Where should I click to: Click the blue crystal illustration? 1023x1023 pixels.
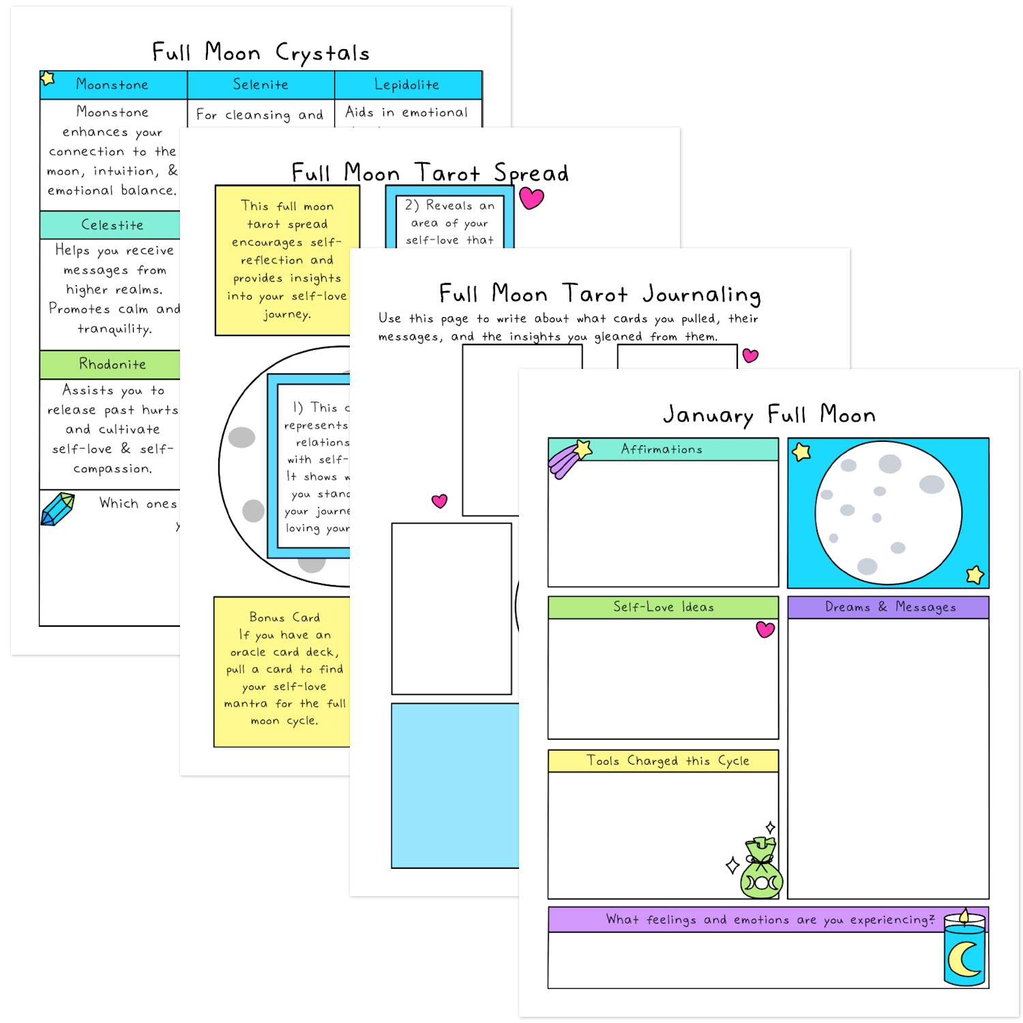tap(57, 509)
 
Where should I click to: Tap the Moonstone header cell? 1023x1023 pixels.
tap(113, 85)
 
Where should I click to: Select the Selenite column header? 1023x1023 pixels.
tap(261, 85)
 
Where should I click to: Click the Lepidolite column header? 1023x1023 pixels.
tap(407, 85)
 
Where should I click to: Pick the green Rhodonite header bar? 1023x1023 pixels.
tap(112, 364)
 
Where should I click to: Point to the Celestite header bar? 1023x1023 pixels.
tap(112, 225)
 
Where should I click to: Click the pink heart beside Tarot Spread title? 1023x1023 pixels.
tap(531, 198)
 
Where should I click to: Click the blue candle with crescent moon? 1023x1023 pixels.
tap(964, 949)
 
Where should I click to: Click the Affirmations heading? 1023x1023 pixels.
tap(662, 449)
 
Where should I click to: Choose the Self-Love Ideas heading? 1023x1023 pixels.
tap(663, 607)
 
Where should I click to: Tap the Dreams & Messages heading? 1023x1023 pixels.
tap(890, 607)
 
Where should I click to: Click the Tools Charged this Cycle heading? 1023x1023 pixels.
tap(668, 760)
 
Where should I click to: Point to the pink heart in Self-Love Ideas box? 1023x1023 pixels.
tap(765, 629)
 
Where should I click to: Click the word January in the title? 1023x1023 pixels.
tap(708, 415)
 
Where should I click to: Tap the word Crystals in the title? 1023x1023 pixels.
tap(322, 53)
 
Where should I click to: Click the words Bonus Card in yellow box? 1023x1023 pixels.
tap(284, 617)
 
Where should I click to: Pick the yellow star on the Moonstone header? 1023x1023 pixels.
tap(48, 78)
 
